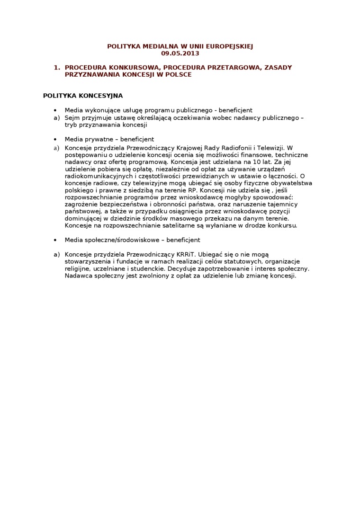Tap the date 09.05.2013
pyautogui.click(x=180, y=54)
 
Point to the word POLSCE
pyautogui.click(x=178, y=75)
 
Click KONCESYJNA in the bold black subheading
pyautogui.click(x=100, y=96)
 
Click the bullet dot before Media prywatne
pyautogui.click(x=55, y=139)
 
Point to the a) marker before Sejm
pyautogui.click(x=56, y=117)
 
